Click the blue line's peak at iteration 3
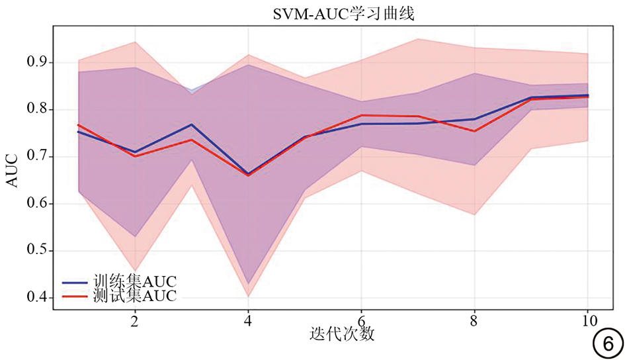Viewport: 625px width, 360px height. pos(192,124)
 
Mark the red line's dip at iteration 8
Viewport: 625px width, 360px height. pos(474,131)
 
